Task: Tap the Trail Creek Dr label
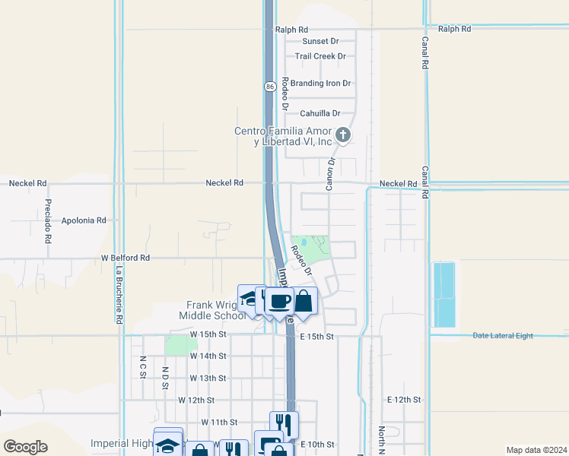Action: tap(320, 56)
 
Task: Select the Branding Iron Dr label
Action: tap(320, 84)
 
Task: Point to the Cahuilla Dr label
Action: tap(319, 113)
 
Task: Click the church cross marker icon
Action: tap(343, 136)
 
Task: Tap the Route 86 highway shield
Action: tap(270, 87)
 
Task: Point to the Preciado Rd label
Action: tap(48, 220)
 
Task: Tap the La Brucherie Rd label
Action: tap(119, 294)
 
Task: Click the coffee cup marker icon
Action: tap(279, 301)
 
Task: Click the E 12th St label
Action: tap(404, 399)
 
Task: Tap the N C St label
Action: tap(142, 367)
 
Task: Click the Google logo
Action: tap(26, 447)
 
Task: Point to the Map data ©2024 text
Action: tap(536, 450)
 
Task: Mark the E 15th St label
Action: tap(317, 336)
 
